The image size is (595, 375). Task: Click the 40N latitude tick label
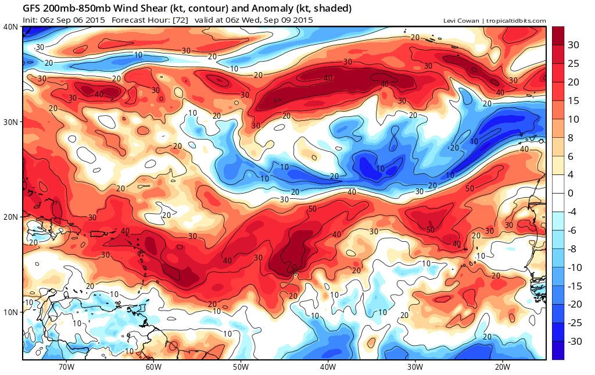point(10,27)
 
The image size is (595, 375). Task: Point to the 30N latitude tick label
point(10,122)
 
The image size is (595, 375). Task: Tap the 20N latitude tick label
point(10,217)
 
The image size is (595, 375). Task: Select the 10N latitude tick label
point(10,312)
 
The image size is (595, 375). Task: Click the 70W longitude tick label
point(66,367)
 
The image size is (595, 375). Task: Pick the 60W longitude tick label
point(153,367)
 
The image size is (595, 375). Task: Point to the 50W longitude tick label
point(241,367)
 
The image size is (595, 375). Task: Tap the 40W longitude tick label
point(328,367)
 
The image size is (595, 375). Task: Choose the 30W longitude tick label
point(415,367)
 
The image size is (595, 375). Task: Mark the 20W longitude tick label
point(502,367)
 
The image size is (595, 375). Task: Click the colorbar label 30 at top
point(574,45)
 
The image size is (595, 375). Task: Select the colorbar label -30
point(574,341)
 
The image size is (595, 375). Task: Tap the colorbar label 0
point(571,193)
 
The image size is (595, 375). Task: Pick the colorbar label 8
point(571,137)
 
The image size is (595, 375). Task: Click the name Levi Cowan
point(460,21)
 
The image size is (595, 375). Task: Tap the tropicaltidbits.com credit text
point(515,21)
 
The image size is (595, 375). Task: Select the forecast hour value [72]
point(196,20)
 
